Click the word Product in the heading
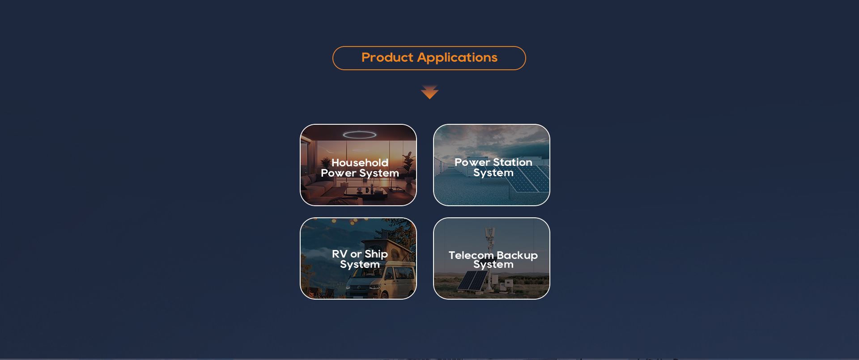click(x=387, y=58)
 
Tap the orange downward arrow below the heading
click(x=429, y=92)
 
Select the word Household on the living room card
click(x=360, y=163)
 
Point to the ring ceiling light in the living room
click(x=360, y=135)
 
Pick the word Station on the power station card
click(x=513, y=162)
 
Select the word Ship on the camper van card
click(x=376, y=254)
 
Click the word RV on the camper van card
click(x=340, y=254)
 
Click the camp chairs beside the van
click(x=320, y=293)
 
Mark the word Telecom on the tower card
click(x=471, y=255)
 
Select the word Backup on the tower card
click(x=517, y=256)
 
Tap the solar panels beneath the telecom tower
click(x=472, y=281)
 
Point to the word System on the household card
click(x=379, y=174)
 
